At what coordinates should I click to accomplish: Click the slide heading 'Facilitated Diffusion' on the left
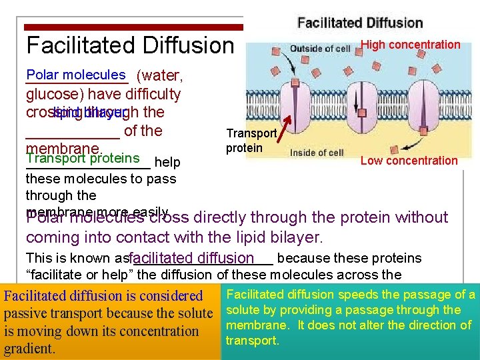click(x=130, y=45)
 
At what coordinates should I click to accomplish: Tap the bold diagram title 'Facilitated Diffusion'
click(x=360, y=23)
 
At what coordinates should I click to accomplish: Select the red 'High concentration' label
click(x=410, y=45)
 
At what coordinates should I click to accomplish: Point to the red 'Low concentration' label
click(x=409, y=161)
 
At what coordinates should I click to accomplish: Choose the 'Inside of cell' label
click(x=317, y=153)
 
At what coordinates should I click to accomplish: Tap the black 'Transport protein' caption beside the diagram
click(x=251, y=141)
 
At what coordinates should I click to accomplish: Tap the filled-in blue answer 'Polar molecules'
click(x=76, y=75)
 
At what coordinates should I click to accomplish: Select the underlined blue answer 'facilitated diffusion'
click(x=193, y=258)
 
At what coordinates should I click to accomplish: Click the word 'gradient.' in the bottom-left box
click(x=31, y=349)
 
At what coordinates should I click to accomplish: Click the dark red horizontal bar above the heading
click(x=133, y=28)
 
